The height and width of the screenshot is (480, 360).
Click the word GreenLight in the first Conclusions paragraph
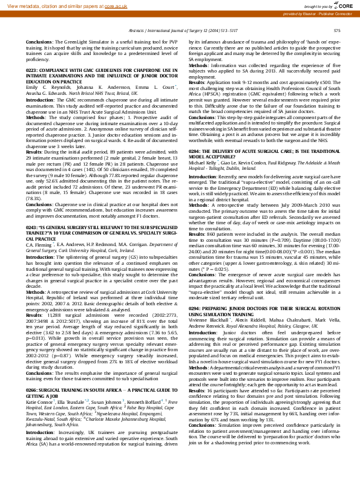click(x=70, y=41)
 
